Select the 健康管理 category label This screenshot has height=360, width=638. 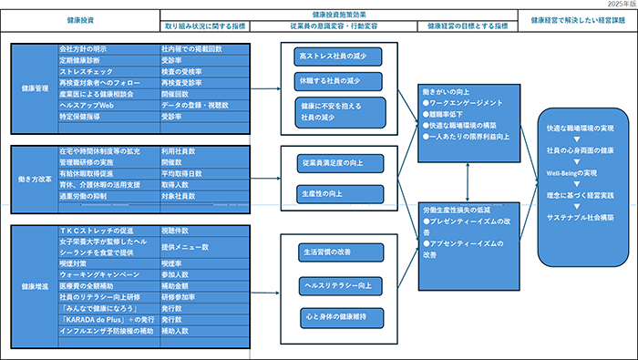pos(34,88)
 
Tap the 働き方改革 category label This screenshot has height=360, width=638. pos(34,180)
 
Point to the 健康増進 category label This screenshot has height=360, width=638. pos(34,288)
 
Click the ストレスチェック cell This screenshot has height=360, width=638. pos(105,69)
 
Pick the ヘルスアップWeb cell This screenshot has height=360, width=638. pos(105,105)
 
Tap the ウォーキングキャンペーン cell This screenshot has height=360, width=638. pos(105,273)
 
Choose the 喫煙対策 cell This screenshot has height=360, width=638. pos(105,261)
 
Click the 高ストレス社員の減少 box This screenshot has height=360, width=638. pos(334,57)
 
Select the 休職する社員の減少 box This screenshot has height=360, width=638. pos(334,80)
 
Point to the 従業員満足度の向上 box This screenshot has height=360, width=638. pos(334,163)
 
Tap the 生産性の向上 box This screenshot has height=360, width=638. pos(334,194)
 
